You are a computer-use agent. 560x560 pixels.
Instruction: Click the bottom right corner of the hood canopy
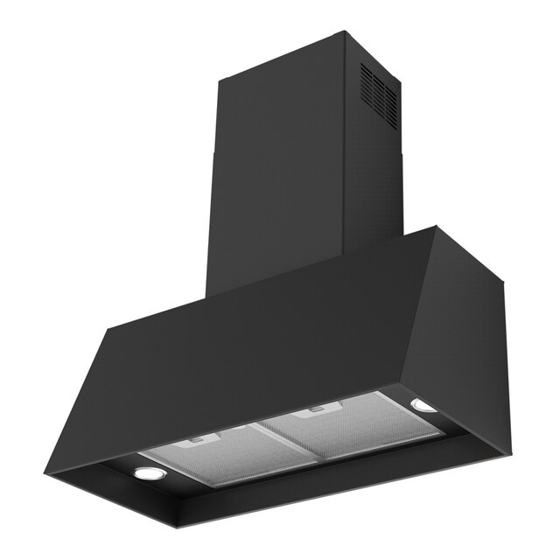tap(505, 453)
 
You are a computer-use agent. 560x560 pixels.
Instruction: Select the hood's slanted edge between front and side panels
tap(420, 306)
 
